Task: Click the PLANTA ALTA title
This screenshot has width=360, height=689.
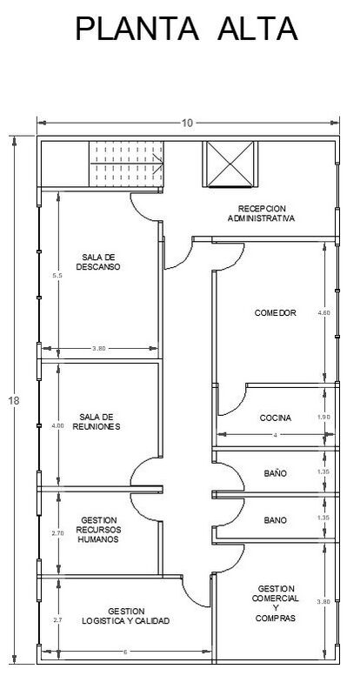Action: (187, 29)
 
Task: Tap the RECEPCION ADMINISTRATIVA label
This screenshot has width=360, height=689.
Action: (261, 213)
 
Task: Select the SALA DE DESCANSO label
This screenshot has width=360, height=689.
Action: (98, 262)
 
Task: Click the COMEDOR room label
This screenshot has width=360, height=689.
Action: (276, 313)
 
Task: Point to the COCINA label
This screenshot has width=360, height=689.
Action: (276, 418)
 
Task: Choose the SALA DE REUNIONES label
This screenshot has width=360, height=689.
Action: (100, 421)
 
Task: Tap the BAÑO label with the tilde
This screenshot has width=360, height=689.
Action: (276, 473)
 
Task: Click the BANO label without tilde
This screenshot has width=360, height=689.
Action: (276, 520)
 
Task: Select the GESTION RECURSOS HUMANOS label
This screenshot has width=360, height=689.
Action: (98, 530)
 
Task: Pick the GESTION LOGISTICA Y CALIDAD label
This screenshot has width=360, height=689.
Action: (125, 616)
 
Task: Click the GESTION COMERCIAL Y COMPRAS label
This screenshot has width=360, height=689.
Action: (276, 603)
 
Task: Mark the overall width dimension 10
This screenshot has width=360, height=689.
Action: (187, 123)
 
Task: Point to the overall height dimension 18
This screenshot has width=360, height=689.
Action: (14, 401)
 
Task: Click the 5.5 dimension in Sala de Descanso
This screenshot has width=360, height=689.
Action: (57, 276)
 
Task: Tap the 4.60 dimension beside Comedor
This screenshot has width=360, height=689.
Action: (324, 313)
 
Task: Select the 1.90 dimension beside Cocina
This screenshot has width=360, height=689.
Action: (323, 417)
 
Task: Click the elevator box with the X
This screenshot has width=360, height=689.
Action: (230, 164)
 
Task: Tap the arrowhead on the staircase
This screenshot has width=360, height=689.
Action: (161, 164)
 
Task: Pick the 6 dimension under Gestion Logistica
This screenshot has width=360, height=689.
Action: (125, 652)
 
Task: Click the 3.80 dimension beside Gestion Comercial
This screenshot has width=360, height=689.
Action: (323, 602)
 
